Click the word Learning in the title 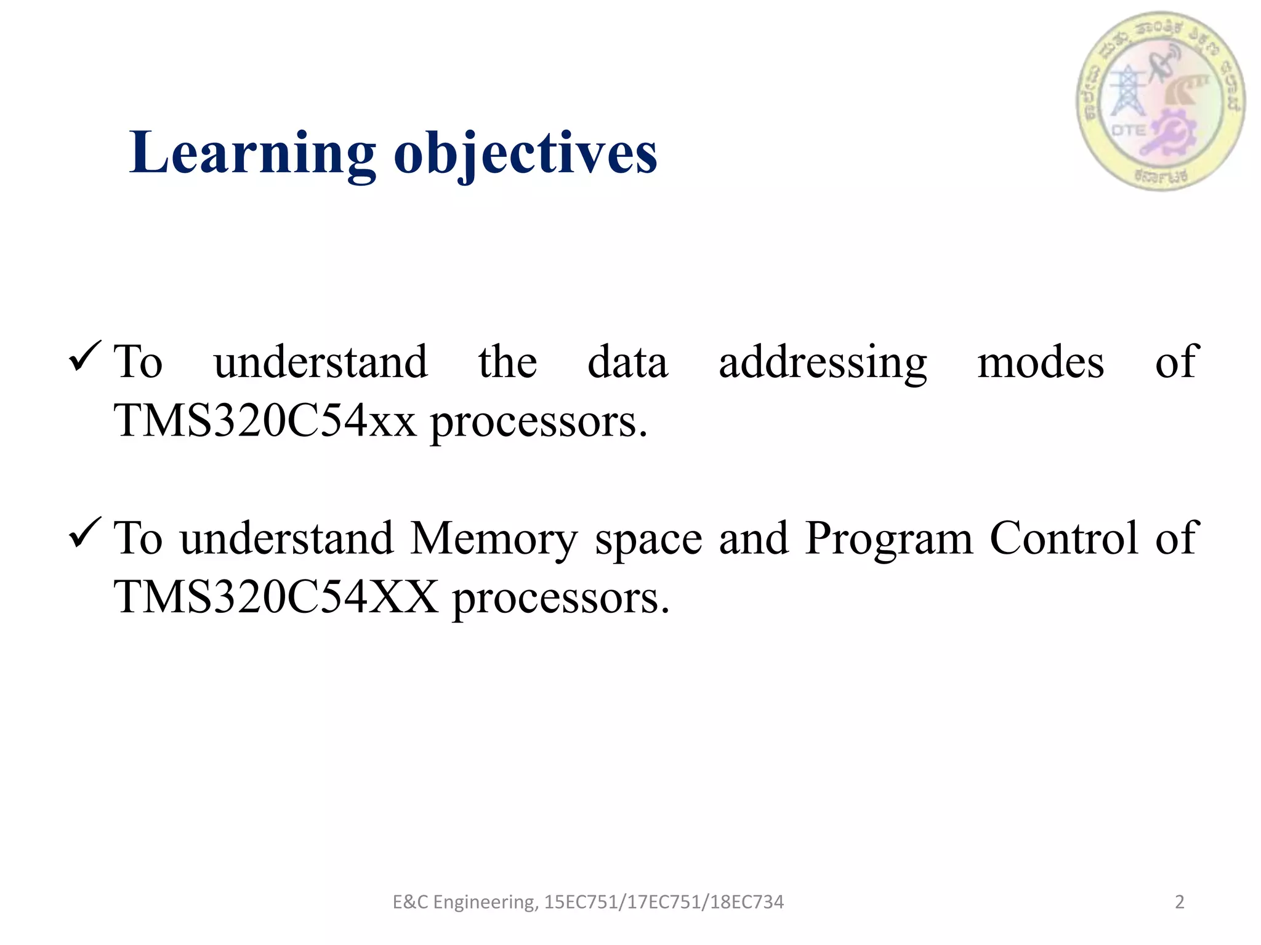point(252,154)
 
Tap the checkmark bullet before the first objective point(85,356)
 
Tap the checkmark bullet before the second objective point(85,533)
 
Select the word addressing point(823,363)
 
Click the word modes point(1041,363)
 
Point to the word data point(627,363)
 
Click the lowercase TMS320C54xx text point(265,422)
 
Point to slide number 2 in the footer point(1180,902)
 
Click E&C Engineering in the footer point(465,902)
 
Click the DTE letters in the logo point(1128,130)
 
